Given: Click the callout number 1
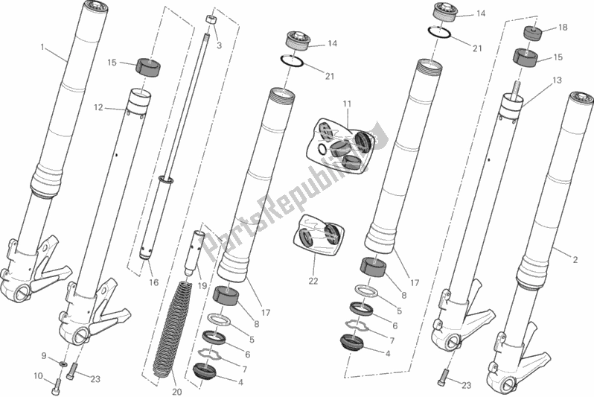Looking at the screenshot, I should click(43, 47).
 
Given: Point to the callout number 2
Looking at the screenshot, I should click(575, 259).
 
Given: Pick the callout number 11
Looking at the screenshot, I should click(346, 103).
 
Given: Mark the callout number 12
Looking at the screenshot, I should click(98, 107).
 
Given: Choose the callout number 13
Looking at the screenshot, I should click(558, 80).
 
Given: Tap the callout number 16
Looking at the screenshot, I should click(154, 283).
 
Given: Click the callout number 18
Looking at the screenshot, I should click(562, 27).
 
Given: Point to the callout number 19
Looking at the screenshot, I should click(202, 286).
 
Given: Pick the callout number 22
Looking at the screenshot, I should click(313, 281).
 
